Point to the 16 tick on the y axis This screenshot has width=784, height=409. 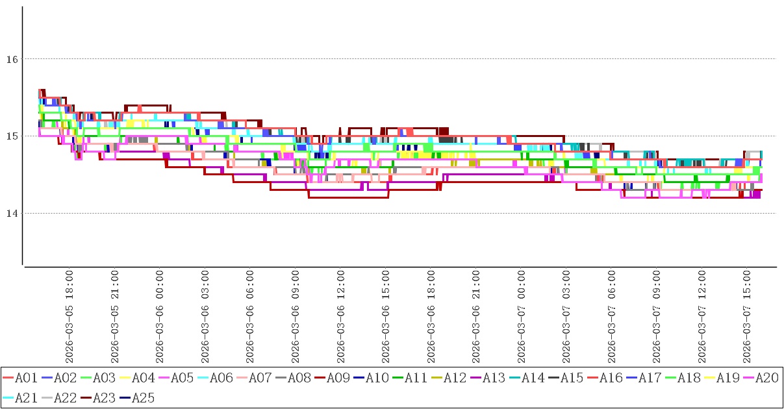[11, 59]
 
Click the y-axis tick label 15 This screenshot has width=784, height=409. [11, 136]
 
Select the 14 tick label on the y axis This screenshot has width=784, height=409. [11, 214]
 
